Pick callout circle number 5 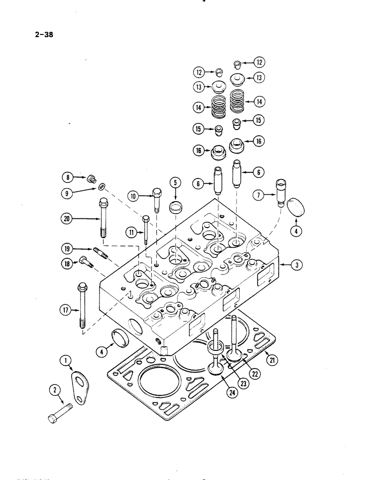pos(175,182)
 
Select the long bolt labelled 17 pos(81,305)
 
